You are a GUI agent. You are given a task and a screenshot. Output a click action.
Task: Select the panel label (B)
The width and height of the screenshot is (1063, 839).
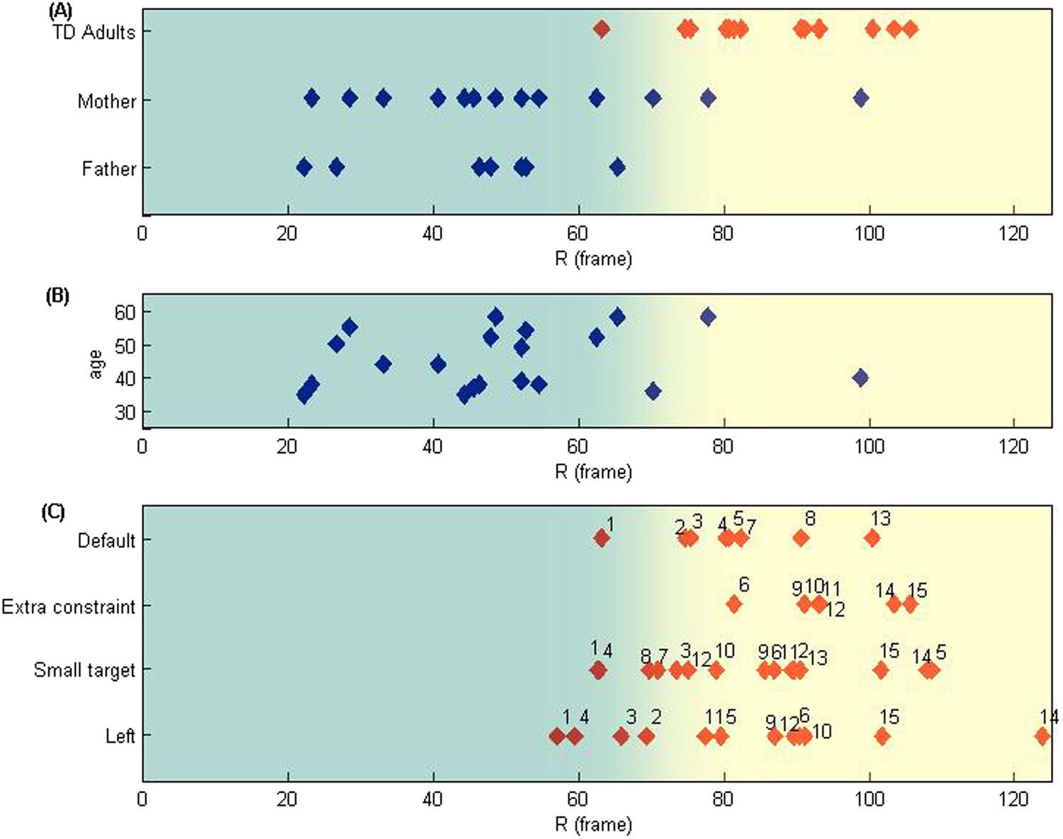(x=57, y=296)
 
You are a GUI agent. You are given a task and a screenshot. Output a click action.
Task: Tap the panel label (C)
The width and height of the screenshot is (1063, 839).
(x=53, y=512)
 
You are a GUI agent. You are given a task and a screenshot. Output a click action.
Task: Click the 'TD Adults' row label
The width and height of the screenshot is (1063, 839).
(x=94, y=33)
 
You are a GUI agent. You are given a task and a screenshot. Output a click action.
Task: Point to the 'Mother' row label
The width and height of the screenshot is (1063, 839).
(x=106, y=101)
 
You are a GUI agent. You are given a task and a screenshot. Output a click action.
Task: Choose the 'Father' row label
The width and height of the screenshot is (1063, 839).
(x=108, y=169)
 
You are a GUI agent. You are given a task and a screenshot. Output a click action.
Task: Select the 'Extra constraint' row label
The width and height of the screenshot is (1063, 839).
(x=68, y=607)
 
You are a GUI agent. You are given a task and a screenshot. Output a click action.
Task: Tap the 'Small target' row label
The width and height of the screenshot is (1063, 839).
(x=84, y=670)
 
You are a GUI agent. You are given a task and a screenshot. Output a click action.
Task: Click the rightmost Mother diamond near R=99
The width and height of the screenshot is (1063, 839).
(x=861, y=98)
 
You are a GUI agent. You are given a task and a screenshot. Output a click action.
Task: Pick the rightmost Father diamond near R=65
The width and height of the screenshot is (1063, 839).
(x=617, y=167)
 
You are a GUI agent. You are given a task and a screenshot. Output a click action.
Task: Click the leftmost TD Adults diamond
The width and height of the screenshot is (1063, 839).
(x=602, y=29)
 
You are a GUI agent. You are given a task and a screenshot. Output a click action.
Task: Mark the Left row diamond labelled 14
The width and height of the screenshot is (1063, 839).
(x=1042, y=736)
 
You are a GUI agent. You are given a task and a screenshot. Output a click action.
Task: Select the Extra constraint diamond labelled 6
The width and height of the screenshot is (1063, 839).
(x=733, y=604)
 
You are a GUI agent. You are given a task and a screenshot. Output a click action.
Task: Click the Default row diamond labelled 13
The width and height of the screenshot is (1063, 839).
(x=872, y=538)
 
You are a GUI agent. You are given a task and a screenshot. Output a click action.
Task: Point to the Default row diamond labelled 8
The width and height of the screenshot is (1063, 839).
(x=801, y=538)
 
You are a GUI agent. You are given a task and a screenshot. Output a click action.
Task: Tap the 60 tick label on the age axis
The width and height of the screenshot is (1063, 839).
(x=125, y=312)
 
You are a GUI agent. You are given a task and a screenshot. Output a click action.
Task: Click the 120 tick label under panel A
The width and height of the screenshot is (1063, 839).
(x=1013, y=233)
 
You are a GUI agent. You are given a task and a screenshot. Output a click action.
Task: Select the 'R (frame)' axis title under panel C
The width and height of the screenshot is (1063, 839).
(x=593, y=825)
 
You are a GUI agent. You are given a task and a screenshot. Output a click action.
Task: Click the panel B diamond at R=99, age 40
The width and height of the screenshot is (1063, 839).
(x=860, y=378)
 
